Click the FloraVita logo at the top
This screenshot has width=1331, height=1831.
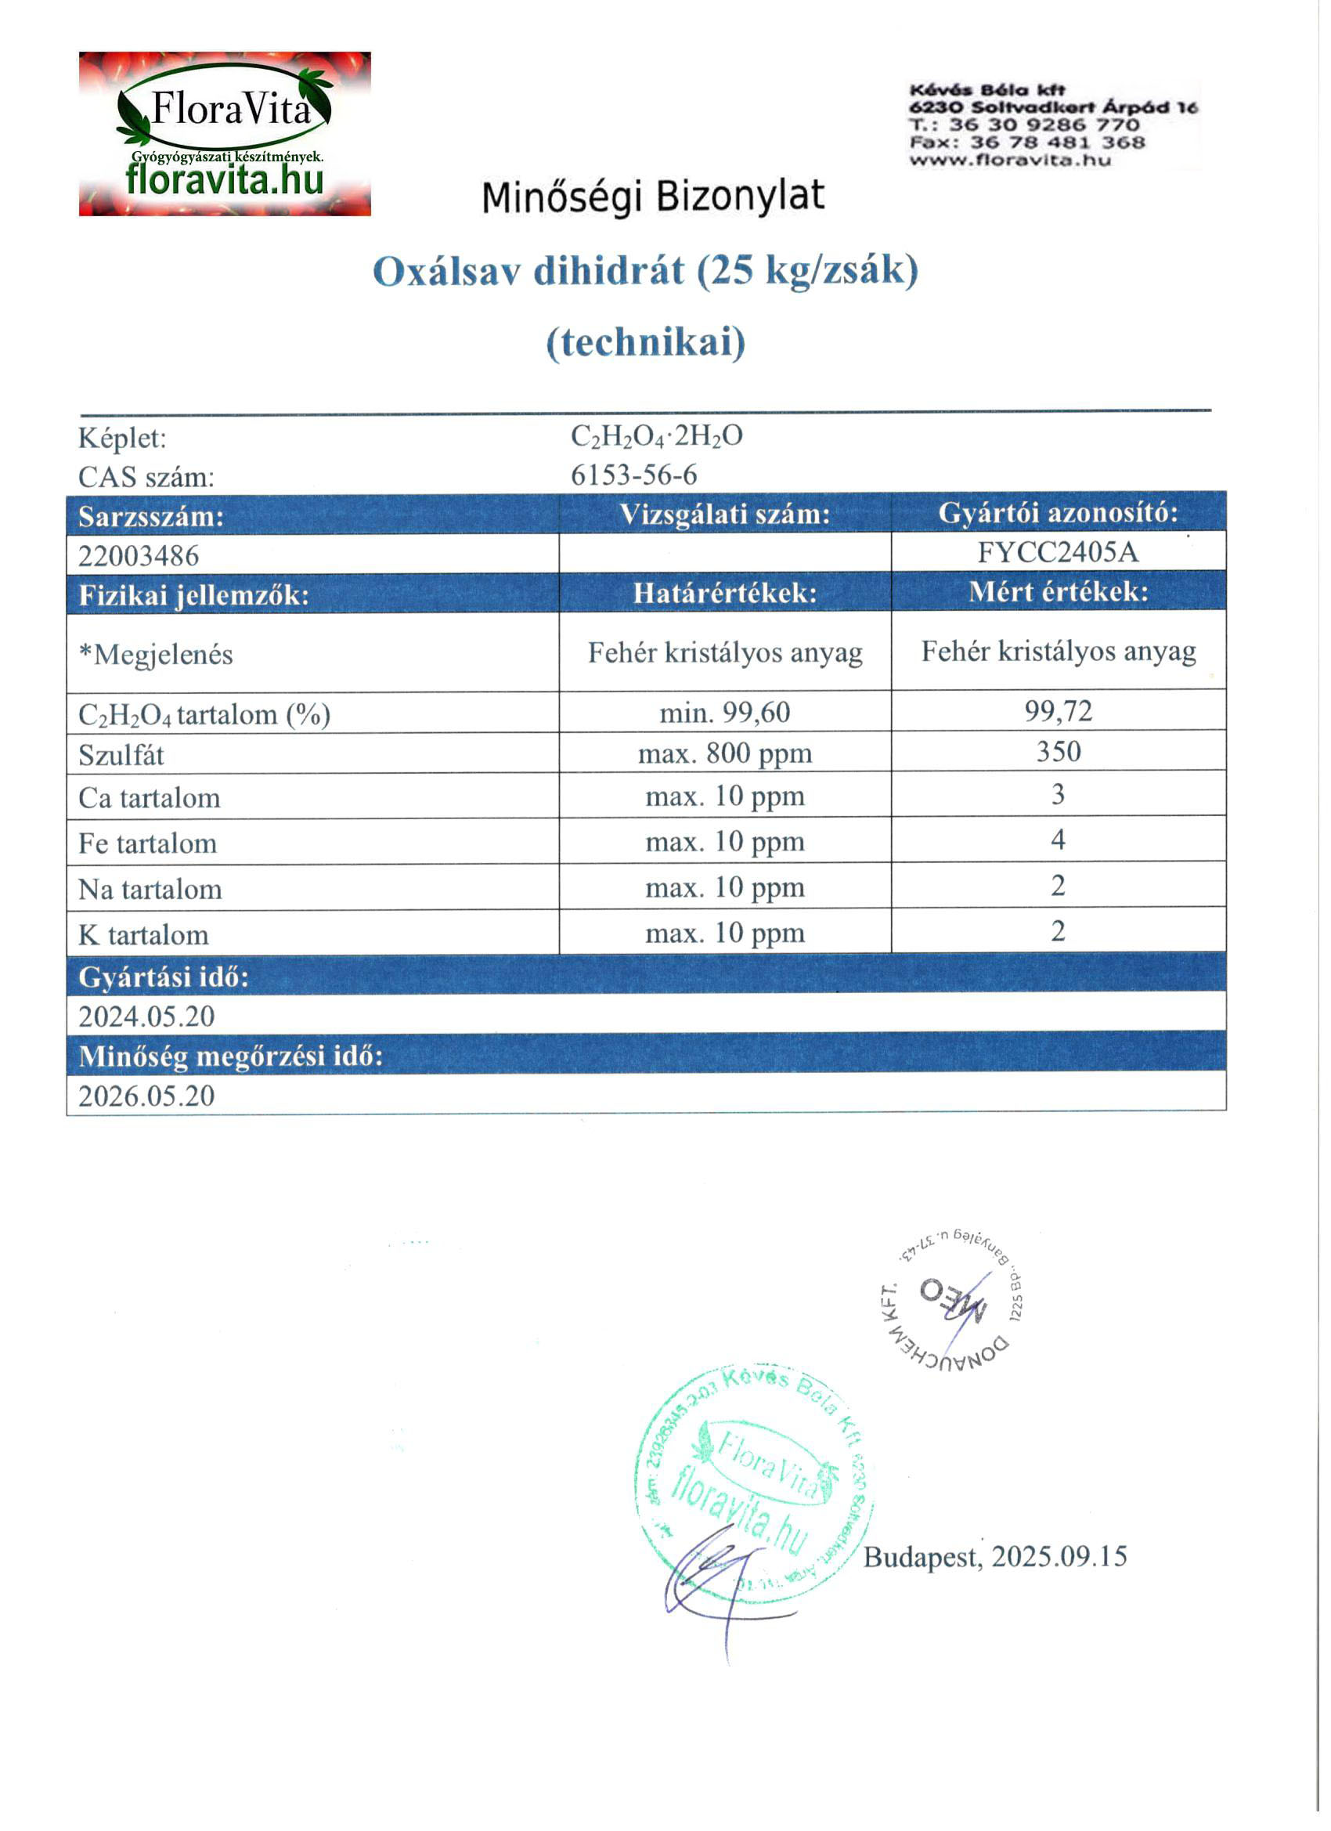pyautogui.click(x=225, y=134)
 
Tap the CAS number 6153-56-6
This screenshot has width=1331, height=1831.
pyautogui.click(x=633, y=475)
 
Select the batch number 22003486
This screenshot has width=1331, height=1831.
pyautogui.click(x=139, y=555)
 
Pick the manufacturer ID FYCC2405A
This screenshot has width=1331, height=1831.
pyautogui.click(x=1058, y=552)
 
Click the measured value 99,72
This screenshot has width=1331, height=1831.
pyautogui.click(x=1058, y=711)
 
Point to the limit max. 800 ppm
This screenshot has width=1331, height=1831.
pyautogui.click(x=725, y=754)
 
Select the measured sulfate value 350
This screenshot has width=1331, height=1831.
pyautogui.click(x=1058, y=752)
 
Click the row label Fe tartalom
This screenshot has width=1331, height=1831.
pyautogui.click(x=148, y=843)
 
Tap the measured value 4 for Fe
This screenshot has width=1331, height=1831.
pyautogui.click(x=1058, y=840)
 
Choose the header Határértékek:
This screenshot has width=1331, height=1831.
pyautogui.click(x=725, y=594)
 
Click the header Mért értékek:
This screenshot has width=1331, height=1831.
pyautogui.click(x=1058, y=592)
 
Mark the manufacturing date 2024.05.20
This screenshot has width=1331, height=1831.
pyautogui.click(x=147, y=1016)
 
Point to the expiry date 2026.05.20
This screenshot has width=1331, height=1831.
pyautogui.click(x=147, y=1096)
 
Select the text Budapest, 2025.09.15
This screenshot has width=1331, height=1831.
pyautogui.click(x=994, y=1555)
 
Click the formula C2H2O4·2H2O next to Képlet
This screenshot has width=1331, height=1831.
pyautogui.click(x=656, y=437)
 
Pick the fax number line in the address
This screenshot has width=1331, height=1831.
pyautogui.click(x=1026, y=143)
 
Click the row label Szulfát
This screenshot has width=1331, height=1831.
pyautogui.click(x=121, y=756)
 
